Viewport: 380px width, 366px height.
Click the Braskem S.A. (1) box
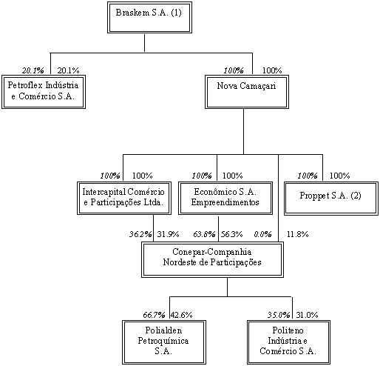(x=149, y=18)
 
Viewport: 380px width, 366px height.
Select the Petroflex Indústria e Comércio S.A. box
(x=44, y=92)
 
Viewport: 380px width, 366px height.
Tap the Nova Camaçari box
(x=247, y=92)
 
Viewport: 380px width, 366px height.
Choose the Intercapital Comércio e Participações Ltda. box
(x=124, y=199)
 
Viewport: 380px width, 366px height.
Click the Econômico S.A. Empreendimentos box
(x=225, y=199)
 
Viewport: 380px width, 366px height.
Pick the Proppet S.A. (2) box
(x=331, y=199)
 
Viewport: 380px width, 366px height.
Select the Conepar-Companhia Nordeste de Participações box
(x=212, y=259)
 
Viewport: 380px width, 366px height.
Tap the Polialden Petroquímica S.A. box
(x=164, y=342)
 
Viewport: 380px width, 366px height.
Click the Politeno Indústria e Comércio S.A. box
(x=288, y=342)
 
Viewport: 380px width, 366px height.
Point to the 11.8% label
(x=298, y=234)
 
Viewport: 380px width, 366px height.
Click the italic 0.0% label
(x=263, y=234)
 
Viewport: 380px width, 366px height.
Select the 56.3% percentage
(x=231, y=234)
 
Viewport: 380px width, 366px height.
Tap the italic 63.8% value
(x=204, y=234)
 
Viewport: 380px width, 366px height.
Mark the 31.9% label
(x=168, y=234)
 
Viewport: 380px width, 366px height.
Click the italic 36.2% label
(x=140, y=234)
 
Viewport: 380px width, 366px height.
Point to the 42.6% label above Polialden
(x=182, y=315)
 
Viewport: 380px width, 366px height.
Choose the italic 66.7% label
(x=154, y=315)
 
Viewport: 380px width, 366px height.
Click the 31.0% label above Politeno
(x=307, y=315)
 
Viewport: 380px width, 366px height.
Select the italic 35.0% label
(x=279, y=315)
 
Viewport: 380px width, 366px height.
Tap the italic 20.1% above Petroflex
(x=33, y=70)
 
